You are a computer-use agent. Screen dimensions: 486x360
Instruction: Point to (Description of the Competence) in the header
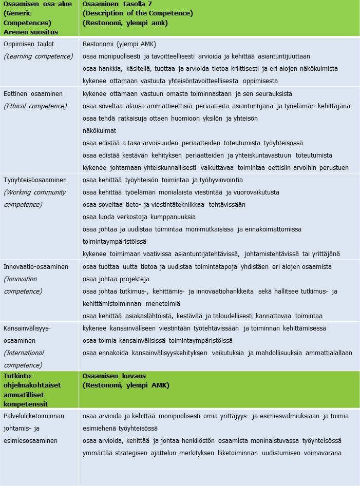138,13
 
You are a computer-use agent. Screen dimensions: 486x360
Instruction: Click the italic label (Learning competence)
39,56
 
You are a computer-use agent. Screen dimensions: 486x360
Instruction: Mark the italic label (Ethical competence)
35,106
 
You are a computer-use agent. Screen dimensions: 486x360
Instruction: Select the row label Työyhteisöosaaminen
35,180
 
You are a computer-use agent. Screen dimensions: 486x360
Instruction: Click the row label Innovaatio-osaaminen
36,267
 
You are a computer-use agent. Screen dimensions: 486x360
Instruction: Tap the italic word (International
24,353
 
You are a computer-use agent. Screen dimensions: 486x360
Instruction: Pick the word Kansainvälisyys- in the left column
28,328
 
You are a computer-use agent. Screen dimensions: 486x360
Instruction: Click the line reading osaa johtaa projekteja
116,279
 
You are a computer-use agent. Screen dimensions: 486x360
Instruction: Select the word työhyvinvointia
218,180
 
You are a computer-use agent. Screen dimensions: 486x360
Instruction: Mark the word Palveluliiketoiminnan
34,416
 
